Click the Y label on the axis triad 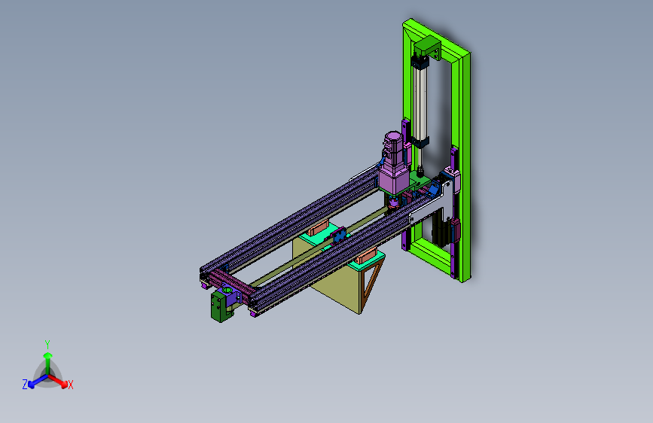pos(47,345)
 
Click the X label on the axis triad pos(70,385)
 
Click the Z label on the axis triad pos(25,385)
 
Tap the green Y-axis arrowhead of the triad pos(48,355)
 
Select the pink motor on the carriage pos(392,163)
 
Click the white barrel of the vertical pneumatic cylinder pos(420,102)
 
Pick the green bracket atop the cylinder pos(427,47)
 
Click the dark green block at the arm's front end pos(219,306)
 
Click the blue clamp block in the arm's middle pos(339,236)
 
